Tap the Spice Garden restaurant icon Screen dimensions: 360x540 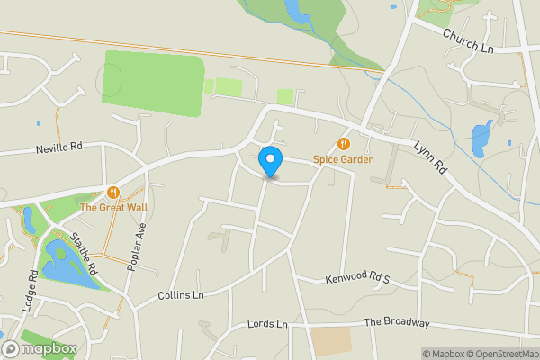343,144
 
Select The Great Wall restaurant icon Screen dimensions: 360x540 112,192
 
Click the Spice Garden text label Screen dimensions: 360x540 343,159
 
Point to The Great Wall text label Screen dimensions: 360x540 112,207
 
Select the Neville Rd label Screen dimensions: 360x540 59,147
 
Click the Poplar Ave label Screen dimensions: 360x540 139,242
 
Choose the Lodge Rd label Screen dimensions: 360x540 33,287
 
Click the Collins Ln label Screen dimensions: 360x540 181,295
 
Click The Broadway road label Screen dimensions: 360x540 397,322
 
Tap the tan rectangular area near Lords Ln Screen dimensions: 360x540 331,341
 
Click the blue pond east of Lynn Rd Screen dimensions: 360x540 481,138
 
